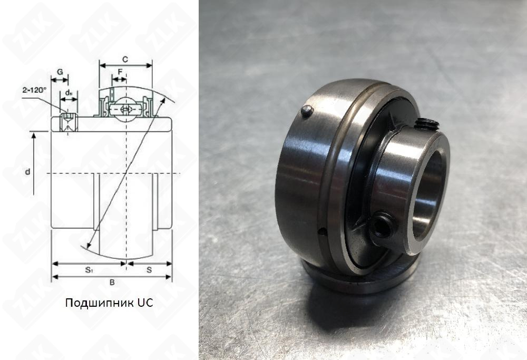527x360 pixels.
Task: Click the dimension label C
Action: point(125,60)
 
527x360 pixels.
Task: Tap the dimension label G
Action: point(60,72)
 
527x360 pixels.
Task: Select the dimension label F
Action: point(120,71)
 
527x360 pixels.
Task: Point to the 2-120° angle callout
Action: point(35,90)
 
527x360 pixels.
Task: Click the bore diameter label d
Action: point(27,172)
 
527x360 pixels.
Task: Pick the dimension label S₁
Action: point(89,269)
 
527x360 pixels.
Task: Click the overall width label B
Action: point(112,283)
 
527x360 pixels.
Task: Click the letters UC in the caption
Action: point(145,303)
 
